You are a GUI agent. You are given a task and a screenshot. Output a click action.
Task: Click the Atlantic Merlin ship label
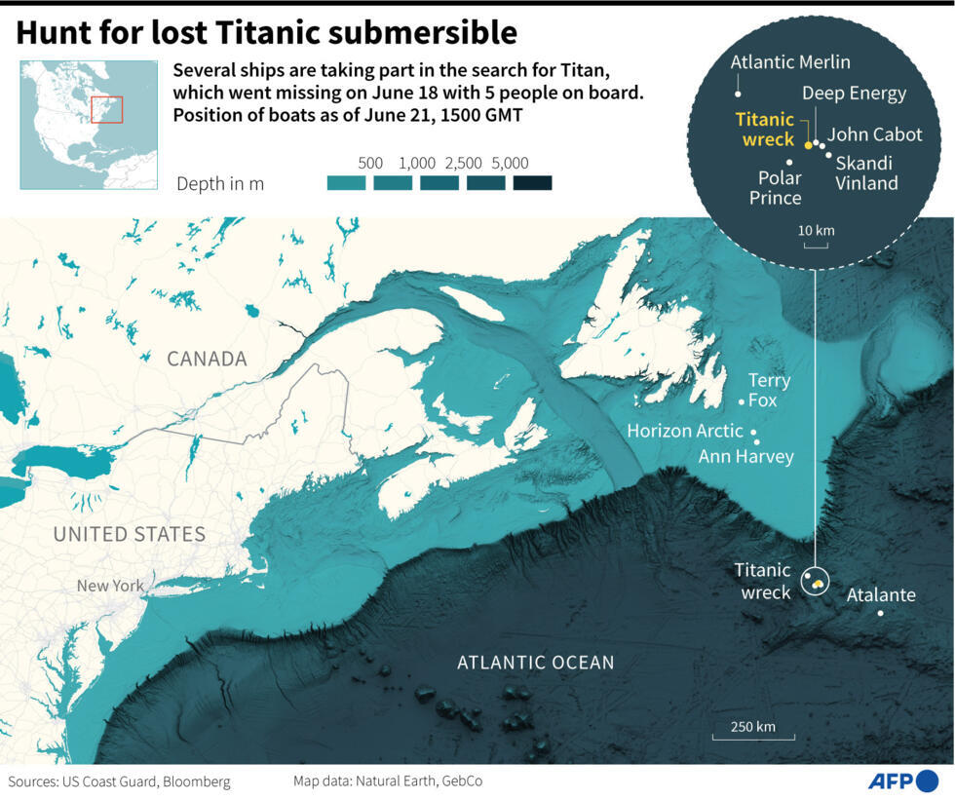(x=790, y=62)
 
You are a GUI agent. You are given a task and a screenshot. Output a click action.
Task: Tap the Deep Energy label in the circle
(x=854, y=94)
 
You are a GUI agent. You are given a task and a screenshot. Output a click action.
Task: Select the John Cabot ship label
(x=874, y=134)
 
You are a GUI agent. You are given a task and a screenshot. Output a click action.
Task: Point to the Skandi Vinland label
(x=866, y=172)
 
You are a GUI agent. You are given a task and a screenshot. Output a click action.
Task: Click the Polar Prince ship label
(x=780, y=187)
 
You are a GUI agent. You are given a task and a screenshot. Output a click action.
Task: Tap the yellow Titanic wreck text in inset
(x=765, y=130)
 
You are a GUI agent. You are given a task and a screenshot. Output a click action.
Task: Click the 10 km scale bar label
(x=816, y=230)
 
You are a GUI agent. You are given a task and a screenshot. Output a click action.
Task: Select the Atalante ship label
(x=881, y=594)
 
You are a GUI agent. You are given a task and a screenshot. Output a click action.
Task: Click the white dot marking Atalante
(x=881, y=613)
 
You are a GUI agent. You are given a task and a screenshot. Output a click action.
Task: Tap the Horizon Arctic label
(x=684, y=431)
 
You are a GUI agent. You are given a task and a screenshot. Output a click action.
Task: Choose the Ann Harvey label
(x=745, y=456)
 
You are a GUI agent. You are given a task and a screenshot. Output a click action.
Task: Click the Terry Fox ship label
(x=769, y=390)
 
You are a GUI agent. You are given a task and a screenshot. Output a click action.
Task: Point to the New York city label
(x=110, y=586)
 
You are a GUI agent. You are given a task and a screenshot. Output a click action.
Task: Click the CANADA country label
(x=207, y=359)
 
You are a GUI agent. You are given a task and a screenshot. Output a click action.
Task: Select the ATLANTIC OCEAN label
(x=536, y=663)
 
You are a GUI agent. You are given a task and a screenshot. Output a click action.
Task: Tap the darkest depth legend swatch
(x=532, y=182)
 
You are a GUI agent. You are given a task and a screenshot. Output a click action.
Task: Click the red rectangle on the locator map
(x=107, y=109)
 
